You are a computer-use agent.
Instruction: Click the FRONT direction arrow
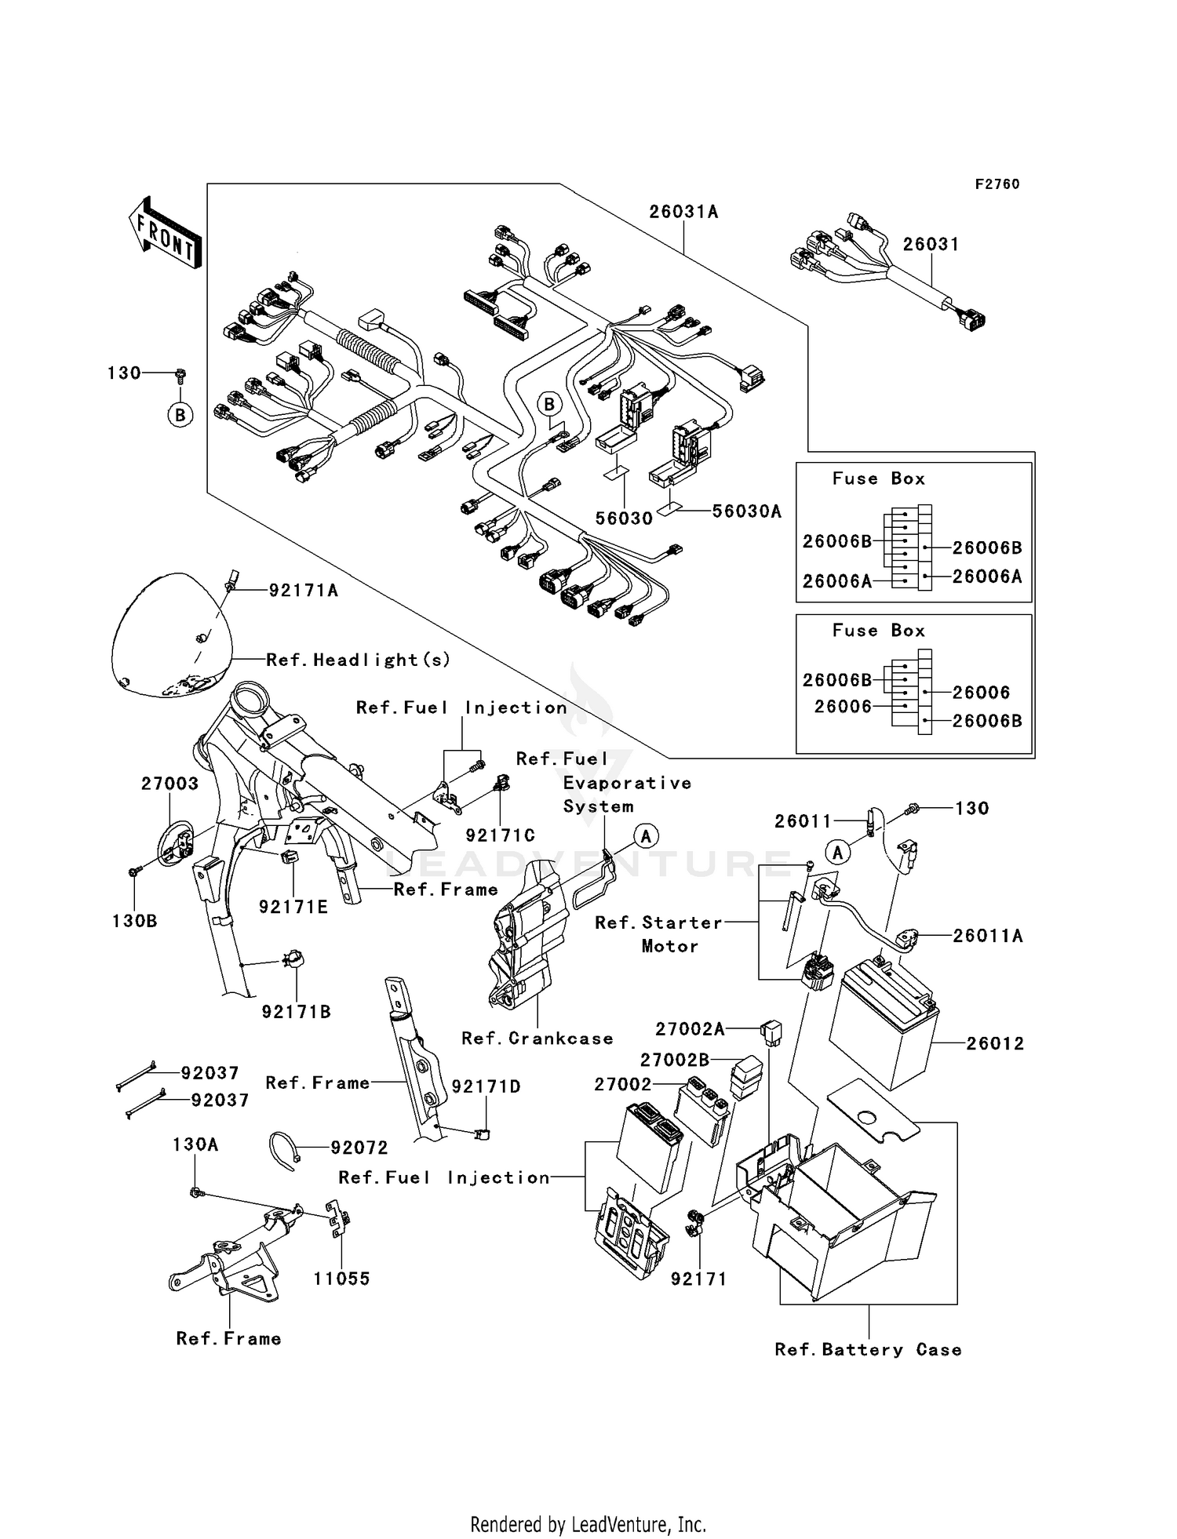(x=165, y=234)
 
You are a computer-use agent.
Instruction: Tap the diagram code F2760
(x=997, y=184)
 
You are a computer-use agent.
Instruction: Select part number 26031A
(x=683, y=212)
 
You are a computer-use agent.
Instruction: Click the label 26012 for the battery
(x=995, y=1043)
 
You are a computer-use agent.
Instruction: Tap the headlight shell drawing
(x=169, y=635)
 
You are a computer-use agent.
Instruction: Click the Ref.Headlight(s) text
(x=359, y=660)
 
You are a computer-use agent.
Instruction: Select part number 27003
(x=169, y=784)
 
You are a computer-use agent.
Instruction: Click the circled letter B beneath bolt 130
(x=180, y=414)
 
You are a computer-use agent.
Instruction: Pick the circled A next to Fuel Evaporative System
(x=646, y=836)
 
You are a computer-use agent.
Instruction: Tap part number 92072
(x=359, y=1148)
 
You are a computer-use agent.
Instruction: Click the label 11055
(x=341, y=1279)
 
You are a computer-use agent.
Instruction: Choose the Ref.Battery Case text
(x=868, y=1350)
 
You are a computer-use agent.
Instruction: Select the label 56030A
(x=746, y=511)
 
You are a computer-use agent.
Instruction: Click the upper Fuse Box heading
(x=879, y=478)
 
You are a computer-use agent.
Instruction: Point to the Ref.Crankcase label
(x=537, y=1039)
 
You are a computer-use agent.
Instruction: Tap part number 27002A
(x=690, y=1028)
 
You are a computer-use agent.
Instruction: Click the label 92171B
(x=297, y=1012)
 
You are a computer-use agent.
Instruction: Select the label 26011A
(x=987, y=936)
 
